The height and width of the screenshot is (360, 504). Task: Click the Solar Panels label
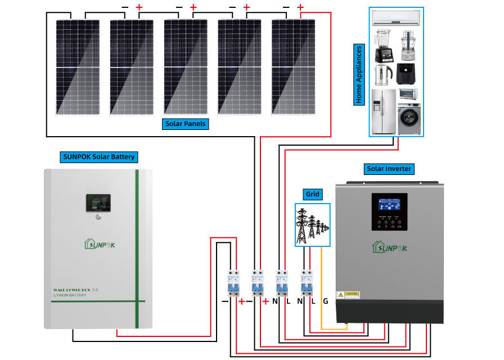tap(186, 124)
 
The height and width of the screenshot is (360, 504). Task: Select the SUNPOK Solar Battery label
tap(98, 156)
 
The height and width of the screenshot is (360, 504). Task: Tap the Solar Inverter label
tap(389, 168)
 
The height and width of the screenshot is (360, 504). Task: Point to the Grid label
tap(312, 194)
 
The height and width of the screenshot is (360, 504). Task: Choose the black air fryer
tap(407, 74)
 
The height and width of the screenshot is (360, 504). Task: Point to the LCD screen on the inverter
tap(389, 204)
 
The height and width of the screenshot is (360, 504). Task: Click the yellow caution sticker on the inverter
tap(348, 295)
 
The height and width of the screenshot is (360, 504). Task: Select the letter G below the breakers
tap(325, 301)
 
